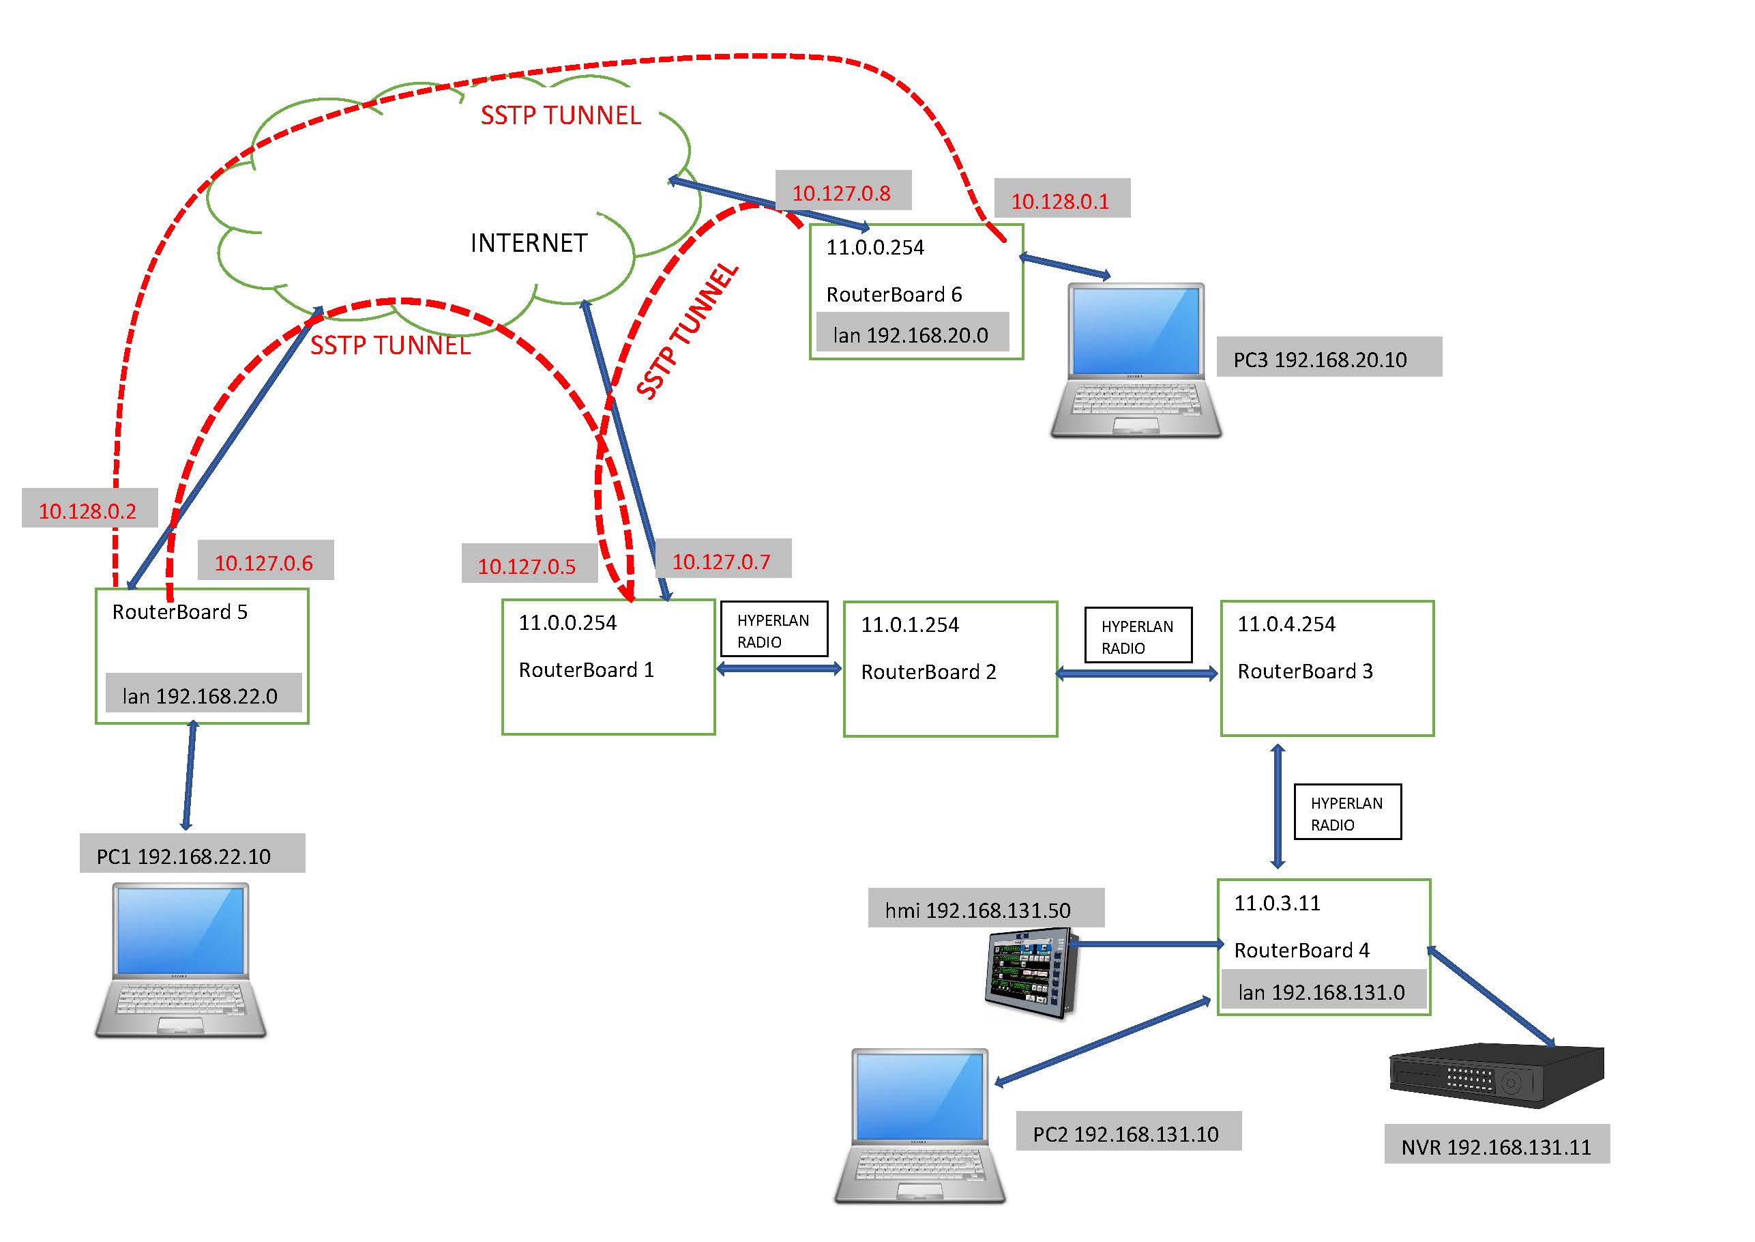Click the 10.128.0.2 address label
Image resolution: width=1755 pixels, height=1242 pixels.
(x=88, y=510)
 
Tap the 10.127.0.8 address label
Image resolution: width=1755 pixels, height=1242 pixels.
(x=842, y=192)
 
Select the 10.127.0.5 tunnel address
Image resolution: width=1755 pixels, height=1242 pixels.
(x=527, y=566)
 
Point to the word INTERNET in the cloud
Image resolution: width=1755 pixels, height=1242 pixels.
(x=529, y=243)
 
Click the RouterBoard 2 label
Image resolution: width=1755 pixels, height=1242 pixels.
(x=929, y=671)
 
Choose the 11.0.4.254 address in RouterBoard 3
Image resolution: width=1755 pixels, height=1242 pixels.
(x=1286, y=624)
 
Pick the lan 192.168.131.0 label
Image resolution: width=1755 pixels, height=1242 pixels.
(x=1322, y=992)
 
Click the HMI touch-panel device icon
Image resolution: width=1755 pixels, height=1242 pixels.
(x=1031, y=973)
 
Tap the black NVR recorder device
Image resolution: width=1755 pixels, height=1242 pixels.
(x=1496, y=1075)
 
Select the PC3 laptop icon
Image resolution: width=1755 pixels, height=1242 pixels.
(x=1136, y=360)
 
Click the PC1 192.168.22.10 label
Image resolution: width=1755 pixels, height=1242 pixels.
(x=183, y=856)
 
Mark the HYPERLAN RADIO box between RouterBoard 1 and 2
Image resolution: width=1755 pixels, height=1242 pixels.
(x=773, y=629)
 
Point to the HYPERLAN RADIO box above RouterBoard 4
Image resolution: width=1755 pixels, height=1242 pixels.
(x=1347, y=812)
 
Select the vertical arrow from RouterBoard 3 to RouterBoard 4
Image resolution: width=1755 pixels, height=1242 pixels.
(x=1278, y=806)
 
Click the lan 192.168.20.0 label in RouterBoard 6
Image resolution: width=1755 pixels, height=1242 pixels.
(x=911, y=335)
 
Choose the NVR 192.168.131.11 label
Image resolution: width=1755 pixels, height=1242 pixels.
(x=1496, y=1146)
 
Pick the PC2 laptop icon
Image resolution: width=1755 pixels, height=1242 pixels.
(x=919, y=1126)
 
